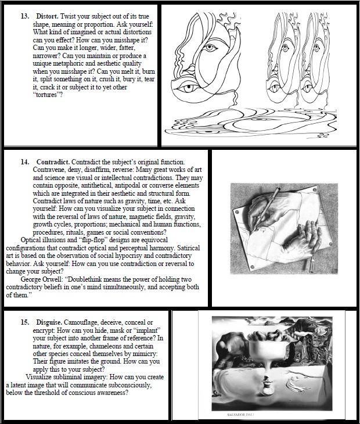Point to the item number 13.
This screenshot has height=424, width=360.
click(24, 16)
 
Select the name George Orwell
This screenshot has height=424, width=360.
click(42, 279)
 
